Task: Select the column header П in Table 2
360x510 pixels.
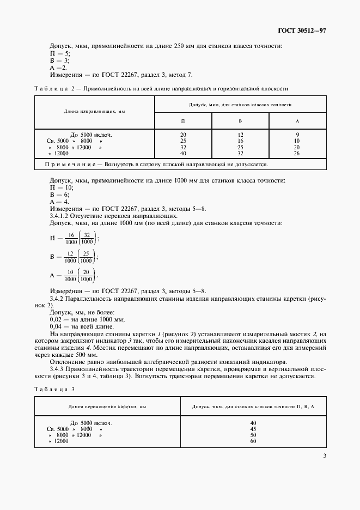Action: pos(182,120)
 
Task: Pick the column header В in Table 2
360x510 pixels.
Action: pos(240,120)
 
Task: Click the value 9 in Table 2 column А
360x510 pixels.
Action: pos(297,134)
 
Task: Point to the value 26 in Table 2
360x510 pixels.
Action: pos(297,154)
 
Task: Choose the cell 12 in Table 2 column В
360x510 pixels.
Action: pos(240,134)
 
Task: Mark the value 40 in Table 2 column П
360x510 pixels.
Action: pos(182,154)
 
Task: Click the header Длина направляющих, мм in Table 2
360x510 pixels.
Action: pos(94,111)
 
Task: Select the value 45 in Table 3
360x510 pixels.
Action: pos(253,429)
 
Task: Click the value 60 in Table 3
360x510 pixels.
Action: pos(253,441)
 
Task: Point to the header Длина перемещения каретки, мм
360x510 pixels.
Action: pos(107,406)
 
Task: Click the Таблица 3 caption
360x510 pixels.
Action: pos(54,389)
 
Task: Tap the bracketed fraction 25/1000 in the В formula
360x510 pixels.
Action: pos(86,257)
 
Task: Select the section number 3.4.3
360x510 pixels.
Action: pos(59,369)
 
